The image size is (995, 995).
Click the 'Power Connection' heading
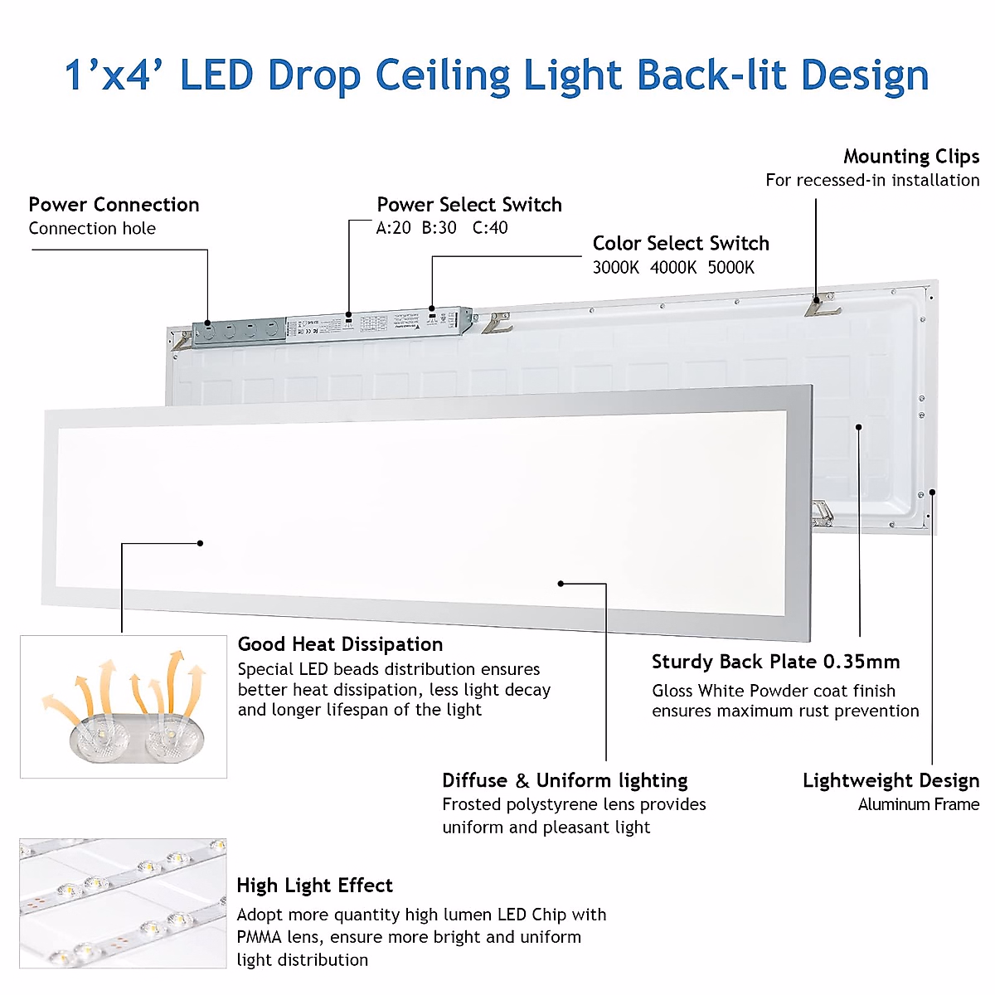(x=114, y=205)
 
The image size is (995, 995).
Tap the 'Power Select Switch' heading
(x=469, y=205)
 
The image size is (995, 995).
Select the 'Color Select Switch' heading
(x=681, y=244)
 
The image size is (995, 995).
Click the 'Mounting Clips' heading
(x=911, y=157)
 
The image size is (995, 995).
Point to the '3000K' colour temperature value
(x=615, y=268)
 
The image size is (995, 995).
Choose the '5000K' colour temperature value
(x=731, y=268)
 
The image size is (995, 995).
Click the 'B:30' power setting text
(x=439, y=228)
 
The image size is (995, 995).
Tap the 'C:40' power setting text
(x=490, y=228)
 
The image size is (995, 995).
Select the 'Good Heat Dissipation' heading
(x=340, y=644)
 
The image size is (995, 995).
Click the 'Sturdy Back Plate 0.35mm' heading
(x=775, y=662)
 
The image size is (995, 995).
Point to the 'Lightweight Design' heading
(x=891, y=781)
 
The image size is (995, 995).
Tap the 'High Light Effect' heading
(x=314, y=886)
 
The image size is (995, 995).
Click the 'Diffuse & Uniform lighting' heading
(x=565, y=781)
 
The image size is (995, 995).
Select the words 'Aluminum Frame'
(x=919, y=804)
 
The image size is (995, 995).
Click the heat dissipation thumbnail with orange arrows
(x=124, y=706)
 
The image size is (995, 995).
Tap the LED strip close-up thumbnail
(x=124, y=903)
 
